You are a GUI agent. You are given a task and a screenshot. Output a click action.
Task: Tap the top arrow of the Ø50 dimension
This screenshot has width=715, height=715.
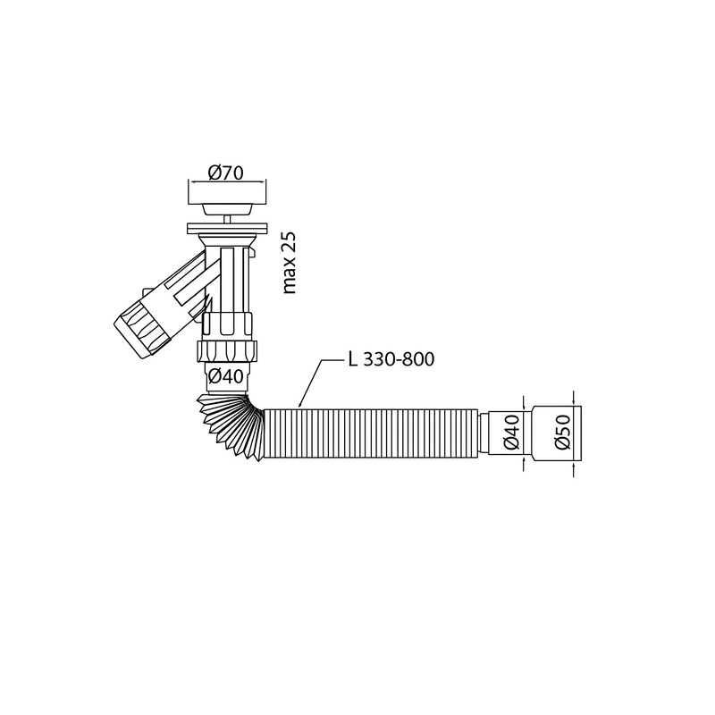[572, 402]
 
